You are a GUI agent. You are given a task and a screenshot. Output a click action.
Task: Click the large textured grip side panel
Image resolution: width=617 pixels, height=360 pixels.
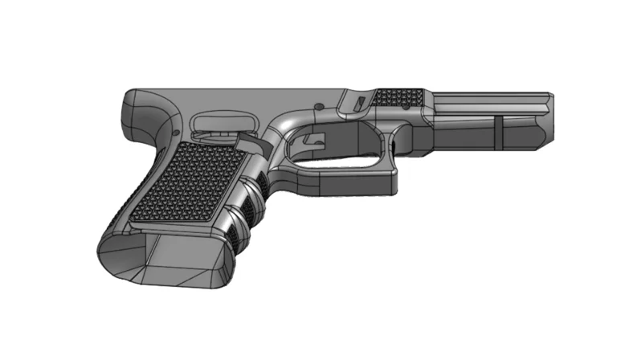[183, 183]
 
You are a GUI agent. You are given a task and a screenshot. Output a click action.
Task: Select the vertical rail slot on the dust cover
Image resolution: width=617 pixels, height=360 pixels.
[498, 132]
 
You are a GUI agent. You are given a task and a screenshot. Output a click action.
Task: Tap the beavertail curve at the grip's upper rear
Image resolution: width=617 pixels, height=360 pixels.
[137, 108]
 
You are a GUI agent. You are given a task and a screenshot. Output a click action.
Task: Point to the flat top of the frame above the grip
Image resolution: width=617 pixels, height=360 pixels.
[241, 92]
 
